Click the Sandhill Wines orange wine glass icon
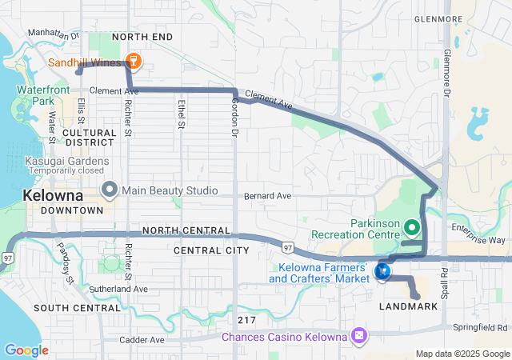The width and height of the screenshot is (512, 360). point(134,62)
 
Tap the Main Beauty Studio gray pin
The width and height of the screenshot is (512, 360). point(110,190)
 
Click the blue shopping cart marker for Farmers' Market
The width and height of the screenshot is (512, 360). point(382,273)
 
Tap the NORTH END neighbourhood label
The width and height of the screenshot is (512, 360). point(142,37)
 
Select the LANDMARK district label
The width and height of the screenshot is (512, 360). point(408,307)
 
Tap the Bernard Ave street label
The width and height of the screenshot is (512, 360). point(267,196)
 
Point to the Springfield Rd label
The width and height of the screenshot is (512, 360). point(480,327)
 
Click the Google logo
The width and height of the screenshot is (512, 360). point(26,350)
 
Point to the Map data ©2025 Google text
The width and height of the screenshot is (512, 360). point(462,354)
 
